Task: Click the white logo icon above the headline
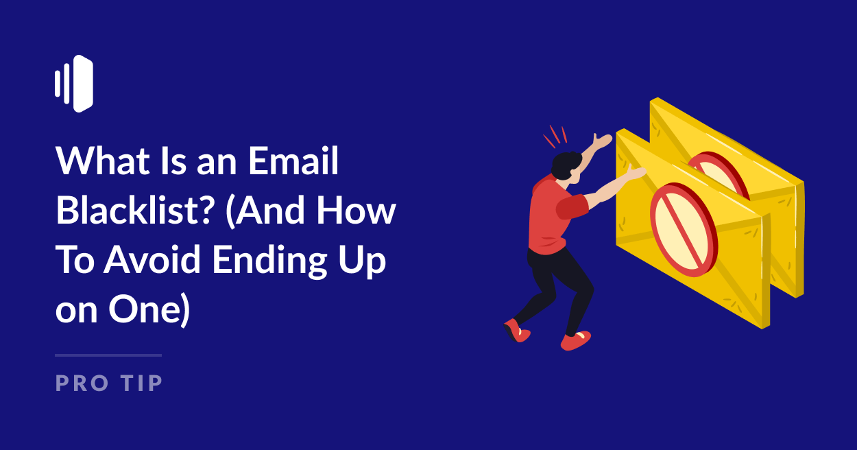(74, 84)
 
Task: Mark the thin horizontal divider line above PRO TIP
(108, 355)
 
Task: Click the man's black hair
(567, 165)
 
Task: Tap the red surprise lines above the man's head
(555, 135)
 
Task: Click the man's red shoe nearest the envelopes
(575, 340)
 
